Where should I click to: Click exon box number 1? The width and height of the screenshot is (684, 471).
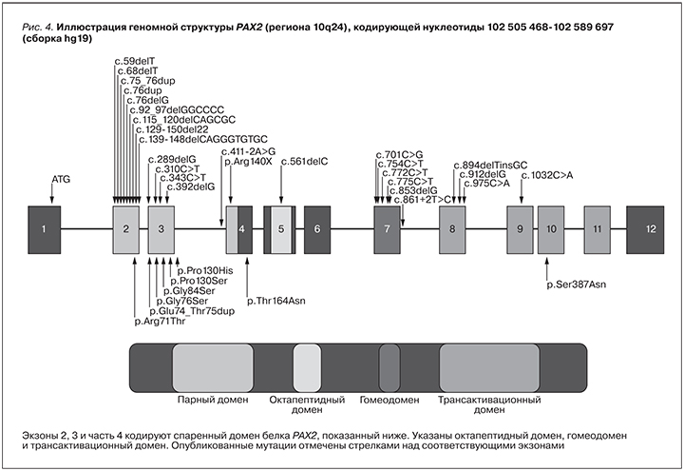click(x=44, y=228)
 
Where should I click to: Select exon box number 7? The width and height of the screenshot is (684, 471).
click(x=388, y=228)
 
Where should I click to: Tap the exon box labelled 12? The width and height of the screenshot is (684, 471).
click(x=651, y=228)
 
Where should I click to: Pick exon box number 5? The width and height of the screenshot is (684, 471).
click(x=281, y=228)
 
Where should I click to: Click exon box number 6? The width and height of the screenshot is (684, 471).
click(x=318, y=228)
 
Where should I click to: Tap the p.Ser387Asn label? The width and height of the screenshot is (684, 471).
click(x=575, y=284)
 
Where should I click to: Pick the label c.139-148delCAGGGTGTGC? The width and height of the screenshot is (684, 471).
click(x=204, y=139)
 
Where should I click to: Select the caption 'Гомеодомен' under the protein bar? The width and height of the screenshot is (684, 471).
click(x=389, y=400)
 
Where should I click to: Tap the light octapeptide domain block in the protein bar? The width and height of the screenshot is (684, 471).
click(x=307, y=365)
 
